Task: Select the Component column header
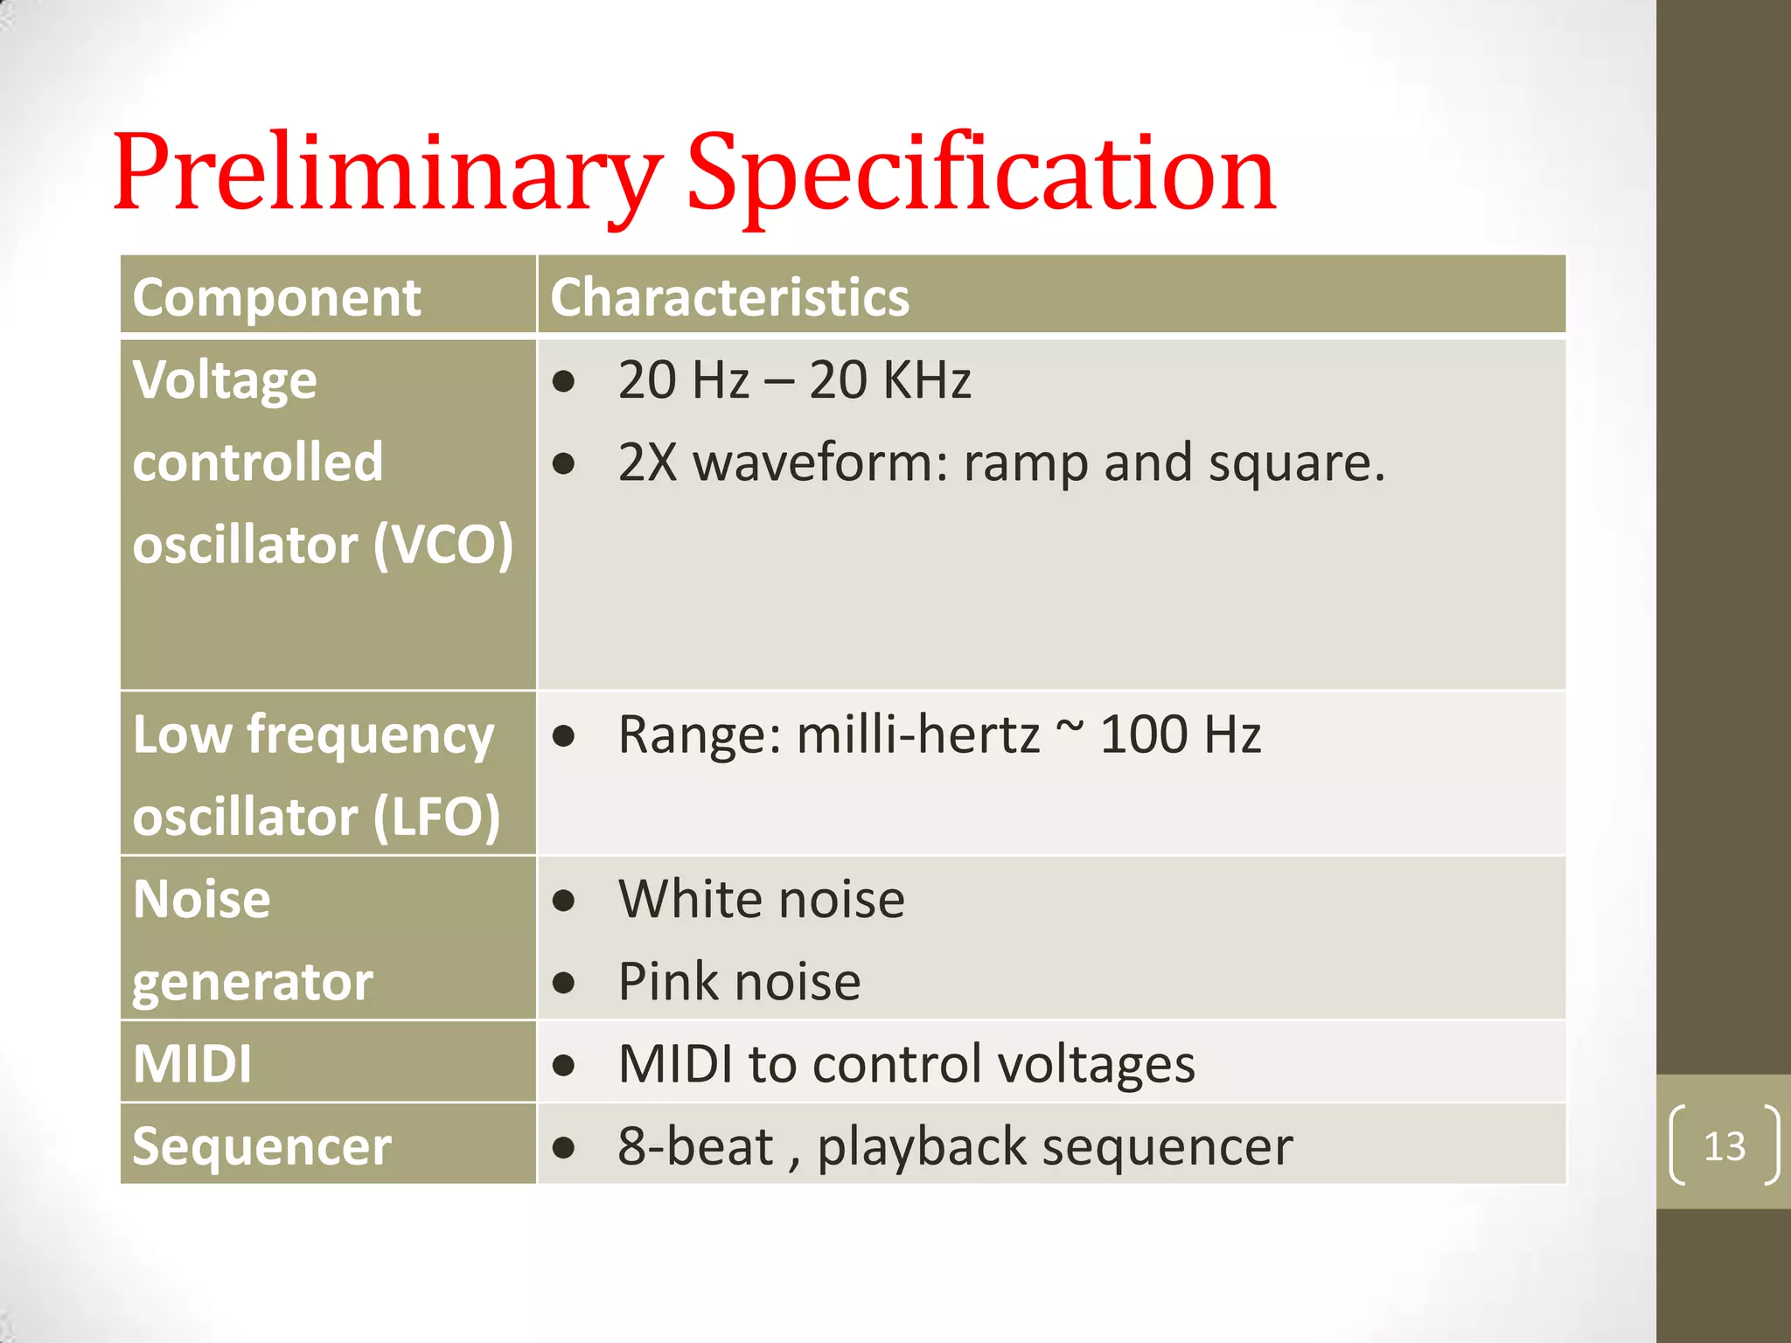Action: click(276, 297)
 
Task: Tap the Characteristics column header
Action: click(729, 297)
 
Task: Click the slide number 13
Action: click(1724, 1145)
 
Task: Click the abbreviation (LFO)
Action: click(436, 817)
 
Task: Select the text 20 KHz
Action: click(889, 379)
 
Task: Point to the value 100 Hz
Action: click(1180, 734)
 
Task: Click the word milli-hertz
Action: click(917, 734)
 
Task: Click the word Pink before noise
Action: click(664, 981)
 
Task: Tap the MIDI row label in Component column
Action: click(192, 1064)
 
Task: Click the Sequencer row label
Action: click(261, 1146)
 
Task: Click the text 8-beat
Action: click(695, 1146)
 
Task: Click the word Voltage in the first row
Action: click(225, 379)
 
